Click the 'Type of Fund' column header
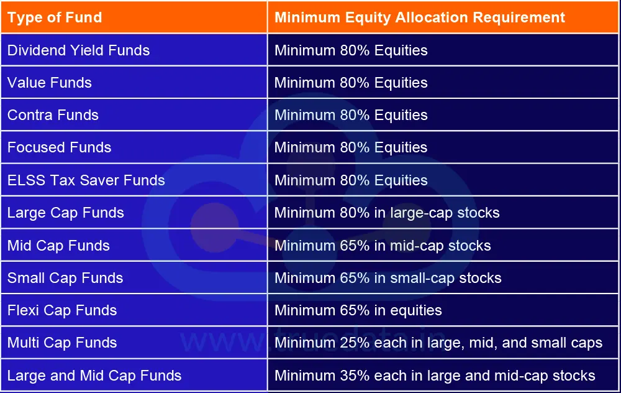coord(55,17)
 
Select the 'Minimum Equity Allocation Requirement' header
coord(420,17)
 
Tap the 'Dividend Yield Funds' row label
coord(78,50)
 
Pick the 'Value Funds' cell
coord(50,83)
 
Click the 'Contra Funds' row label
coord(53,115)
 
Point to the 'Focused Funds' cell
coord(60,147)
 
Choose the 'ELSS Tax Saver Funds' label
coord(86,180)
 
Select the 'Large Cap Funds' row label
coord(66,213)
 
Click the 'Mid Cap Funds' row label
coord(58,246)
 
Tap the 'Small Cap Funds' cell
coord(65,278)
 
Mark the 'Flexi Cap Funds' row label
coord(62,310)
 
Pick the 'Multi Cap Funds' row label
coord(62,343)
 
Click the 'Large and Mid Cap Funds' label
coord(94,376)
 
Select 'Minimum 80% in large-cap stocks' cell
coord(387,213)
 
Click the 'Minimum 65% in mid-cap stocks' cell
coord(383,246)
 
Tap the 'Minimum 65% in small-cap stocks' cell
coord(388,278)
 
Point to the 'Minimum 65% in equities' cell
coord(358,310)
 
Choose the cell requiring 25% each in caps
coord(438,343)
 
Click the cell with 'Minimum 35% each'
coord(435,376)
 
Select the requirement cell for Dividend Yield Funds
coord(351,50)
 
